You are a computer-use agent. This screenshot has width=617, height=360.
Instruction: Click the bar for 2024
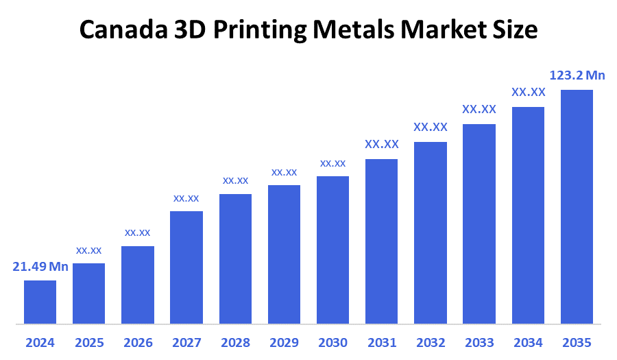pos(40,302)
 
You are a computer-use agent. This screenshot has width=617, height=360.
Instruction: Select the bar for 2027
pos(186,267)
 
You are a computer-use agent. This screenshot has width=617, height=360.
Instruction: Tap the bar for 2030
pos(332,250)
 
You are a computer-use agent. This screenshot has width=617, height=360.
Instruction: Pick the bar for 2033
pos(479,224)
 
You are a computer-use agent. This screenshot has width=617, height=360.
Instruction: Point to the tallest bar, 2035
pos(577,206)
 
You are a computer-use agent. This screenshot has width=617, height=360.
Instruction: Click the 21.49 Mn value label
pos(40,267)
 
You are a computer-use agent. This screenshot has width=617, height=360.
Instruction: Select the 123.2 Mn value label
pos(577,75)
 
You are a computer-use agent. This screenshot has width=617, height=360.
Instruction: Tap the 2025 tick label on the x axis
pos(89,342)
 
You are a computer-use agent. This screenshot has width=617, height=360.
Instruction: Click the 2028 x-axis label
pos(235,342)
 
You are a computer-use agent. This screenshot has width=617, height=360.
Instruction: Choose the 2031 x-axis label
pos(382,342)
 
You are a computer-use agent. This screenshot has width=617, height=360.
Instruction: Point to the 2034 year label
pos(528,342)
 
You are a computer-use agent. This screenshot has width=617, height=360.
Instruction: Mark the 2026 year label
pos(138,342)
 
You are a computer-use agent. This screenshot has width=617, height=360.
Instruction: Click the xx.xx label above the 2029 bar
pos(284,172)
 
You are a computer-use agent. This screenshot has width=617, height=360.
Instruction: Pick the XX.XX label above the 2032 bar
pos(431,127)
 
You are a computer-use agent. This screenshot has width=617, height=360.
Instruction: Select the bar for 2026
pos(138,285)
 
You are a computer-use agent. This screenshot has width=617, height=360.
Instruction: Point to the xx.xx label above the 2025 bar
pos(89,250)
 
